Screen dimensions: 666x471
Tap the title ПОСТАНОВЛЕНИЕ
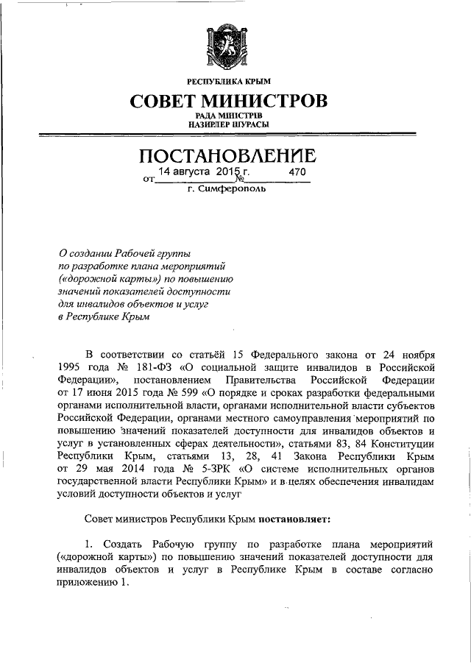(228, 156)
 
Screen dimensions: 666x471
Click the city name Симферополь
(234, 189)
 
